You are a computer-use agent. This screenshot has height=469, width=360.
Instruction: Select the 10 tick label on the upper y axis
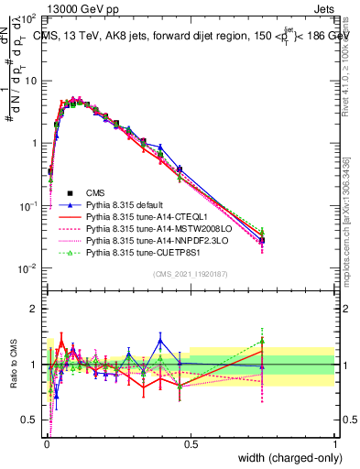click(x=30, y=81)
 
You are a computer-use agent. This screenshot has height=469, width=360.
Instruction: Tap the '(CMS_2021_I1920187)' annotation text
click(x=191, y=274)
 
